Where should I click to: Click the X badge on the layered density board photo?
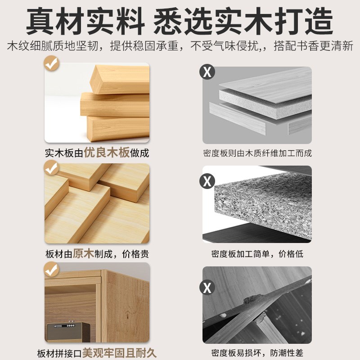[x=207, y=72]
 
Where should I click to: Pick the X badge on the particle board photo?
[x=207, y=181]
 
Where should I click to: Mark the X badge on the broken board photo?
[x=207, y=287]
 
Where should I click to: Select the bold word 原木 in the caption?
[x=83, y=253]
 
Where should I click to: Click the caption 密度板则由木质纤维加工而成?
[x=257, y=153]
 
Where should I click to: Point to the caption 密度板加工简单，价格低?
[x=257, y=254]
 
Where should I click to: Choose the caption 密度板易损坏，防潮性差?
[x=257, y=353]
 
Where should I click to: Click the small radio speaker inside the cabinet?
[x=67, y=332]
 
